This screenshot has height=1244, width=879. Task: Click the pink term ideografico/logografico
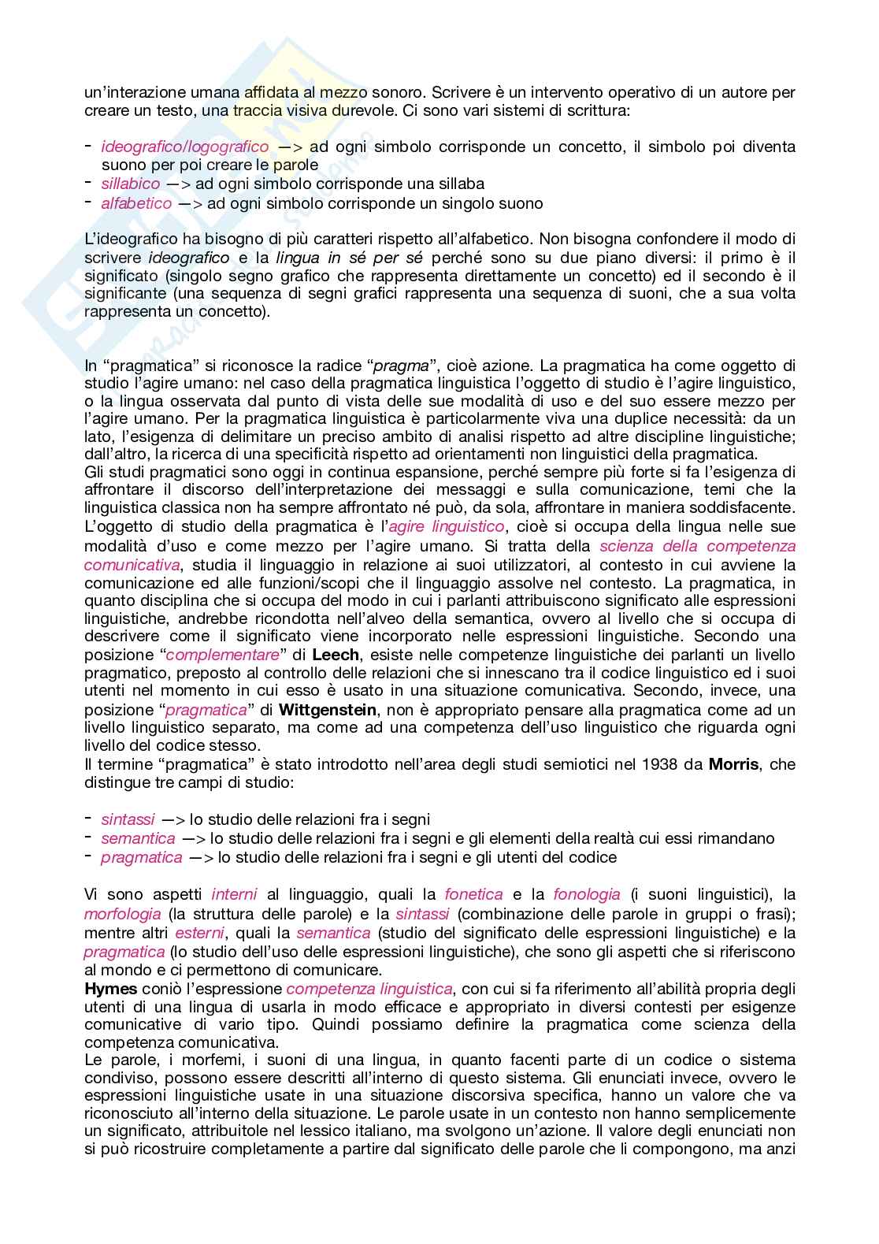(x=184, y=147)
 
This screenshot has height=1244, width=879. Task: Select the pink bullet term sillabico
(x=130, y=184)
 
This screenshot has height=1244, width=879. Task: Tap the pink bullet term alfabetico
(x=136, y=203)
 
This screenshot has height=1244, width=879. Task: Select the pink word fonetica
(x=473, y=894)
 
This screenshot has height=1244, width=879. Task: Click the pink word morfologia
(x=122, y=914)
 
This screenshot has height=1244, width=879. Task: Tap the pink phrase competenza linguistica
(x=369, y=988)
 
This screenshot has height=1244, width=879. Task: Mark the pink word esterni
(x=199, y=933)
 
